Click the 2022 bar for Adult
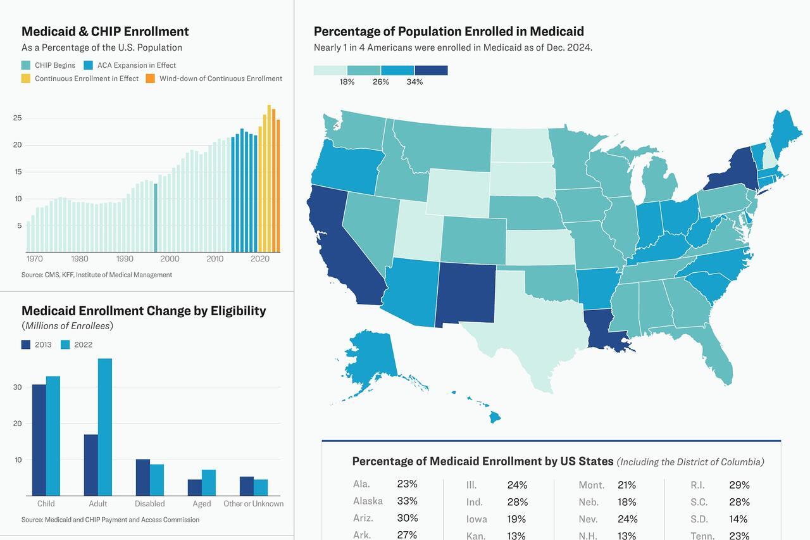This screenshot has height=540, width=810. click(104, 427)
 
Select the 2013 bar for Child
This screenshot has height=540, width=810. click(39, 440)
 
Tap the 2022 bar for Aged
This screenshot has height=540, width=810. click(208, 482)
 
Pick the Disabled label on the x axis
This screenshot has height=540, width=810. click(149, 504)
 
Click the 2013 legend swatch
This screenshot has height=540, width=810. click(26, 344)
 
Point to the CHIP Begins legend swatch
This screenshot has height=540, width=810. click(26, 65)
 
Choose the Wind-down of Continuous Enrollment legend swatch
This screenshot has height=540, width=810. click(151, 78)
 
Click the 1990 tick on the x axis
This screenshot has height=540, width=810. click(125, 259)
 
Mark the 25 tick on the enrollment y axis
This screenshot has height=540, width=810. click(17, 118)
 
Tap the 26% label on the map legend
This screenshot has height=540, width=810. click(380, 82)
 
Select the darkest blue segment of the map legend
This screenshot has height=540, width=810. click(431, 70)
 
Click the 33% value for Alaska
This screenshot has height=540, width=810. click(407, 501)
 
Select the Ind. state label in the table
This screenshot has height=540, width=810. click(474, 502)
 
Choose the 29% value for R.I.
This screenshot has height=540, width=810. click(738, 485)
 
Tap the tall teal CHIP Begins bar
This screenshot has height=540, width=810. click(156, 218)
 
